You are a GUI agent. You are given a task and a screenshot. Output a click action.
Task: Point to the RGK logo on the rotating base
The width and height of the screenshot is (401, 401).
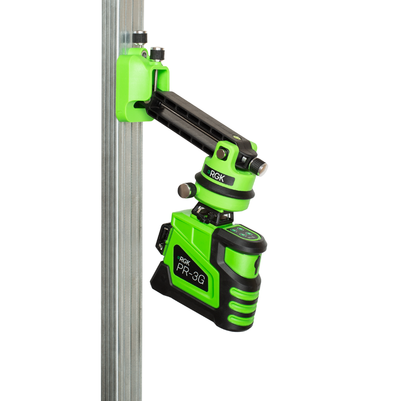click(x=216, y=176)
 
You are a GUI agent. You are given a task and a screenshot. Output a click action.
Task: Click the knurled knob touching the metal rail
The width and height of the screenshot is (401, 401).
click(x=140, y=38)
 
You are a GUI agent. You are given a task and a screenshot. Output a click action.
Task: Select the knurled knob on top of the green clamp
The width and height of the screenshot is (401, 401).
click(x=157, y=54)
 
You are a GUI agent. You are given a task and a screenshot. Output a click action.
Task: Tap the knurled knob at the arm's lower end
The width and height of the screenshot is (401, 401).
click(x=258, y=166)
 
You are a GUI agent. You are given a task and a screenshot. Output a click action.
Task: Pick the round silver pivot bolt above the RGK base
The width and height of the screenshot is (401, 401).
click(x=222, y=154)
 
